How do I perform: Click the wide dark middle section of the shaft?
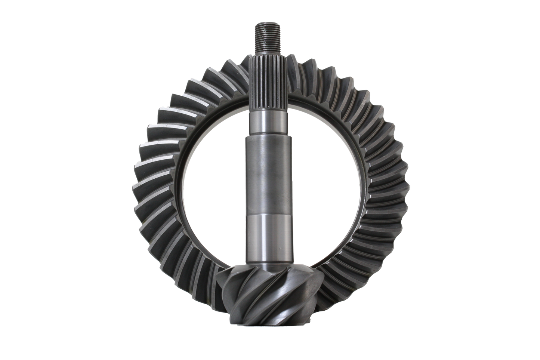pyautogui.click(x=266, y=176)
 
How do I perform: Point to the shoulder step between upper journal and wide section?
pyautogui.click(x=266, y=136)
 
